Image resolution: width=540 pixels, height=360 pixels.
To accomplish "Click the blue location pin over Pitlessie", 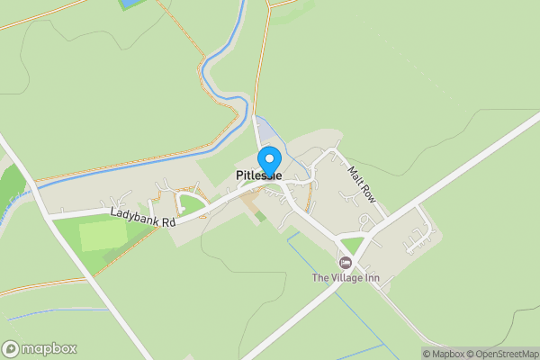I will pyautogui.click(x=267, y=159).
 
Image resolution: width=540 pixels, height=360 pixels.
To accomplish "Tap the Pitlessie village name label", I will pyautogui.click(x=259, y=176).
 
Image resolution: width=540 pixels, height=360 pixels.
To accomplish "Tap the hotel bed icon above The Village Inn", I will pyautogui.click(x=345, y=262).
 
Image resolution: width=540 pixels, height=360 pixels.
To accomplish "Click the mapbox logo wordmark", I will pyautogui.click(x=49, y=348).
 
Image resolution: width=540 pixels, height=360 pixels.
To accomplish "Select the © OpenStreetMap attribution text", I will pyautogui.click(x=501, y=354).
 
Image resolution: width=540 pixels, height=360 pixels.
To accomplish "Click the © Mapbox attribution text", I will pyautogui.click(x=443, y=354).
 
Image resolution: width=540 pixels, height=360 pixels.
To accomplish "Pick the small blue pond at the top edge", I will pyautogui.click(x=131, y=4).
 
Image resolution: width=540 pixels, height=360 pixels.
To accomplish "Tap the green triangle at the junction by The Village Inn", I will pyautogui.click(x=353, y=245).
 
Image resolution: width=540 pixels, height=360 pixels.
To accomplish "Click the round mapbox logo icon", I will pyautogui.click(x=11, y=348).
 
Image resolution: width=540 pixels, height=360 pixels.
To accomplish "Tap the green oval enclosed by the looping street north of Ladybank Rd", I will pyautogui.click(x=191, y=204).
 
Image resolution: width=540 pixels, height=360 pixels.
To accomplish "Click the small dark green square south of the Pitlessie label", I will pyautogui.click(x=261, y=216).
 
